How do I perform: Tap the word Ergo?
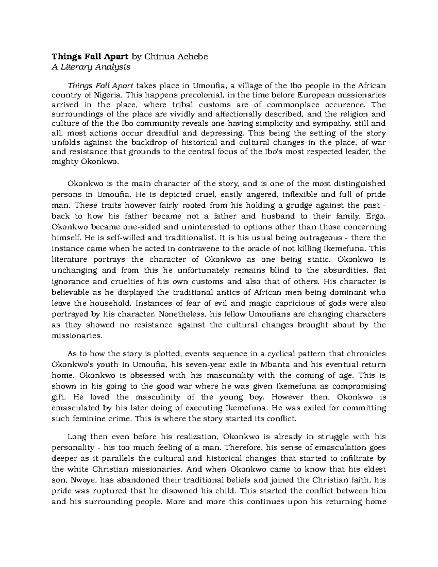(376, 216)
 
